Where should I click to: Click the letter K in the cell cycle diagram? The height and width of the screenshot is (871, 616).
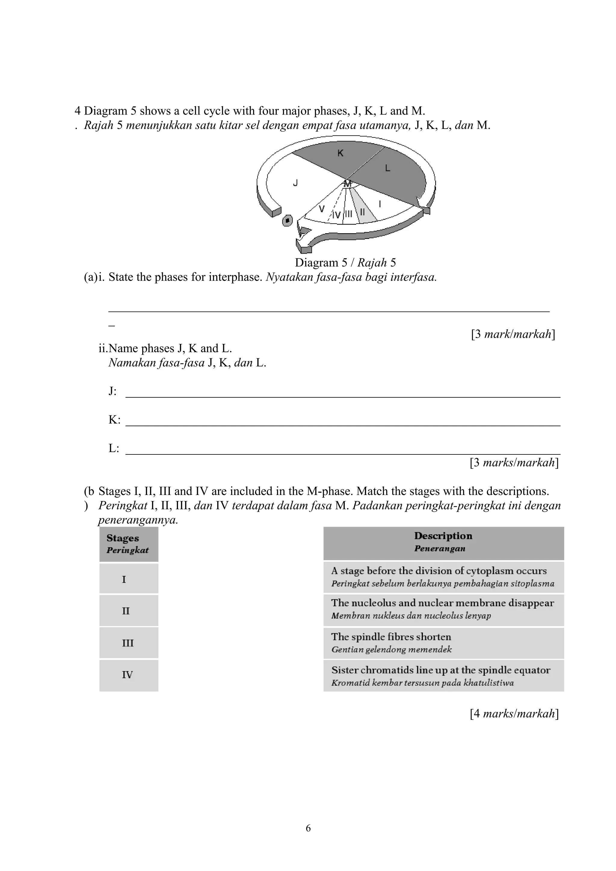[340, 153]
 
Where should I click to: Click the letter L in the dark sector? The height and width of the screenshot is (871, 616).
[387, 168]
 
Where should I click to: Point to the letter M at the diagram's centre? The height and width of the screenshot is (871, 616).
[347, 184]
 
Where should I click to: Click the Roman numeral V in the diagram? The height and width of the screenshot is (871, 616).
[322, 209]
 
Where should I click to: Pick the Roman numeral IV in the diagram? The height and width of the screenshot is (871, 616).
[336, 215]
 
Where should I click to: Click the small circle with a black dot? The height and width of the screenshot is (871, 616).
[288, 220]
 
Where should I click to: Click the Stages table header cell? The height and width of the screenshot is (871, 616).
[129, 544]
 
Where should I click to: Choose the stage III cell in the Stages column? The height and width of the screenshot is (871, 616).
[128, 643]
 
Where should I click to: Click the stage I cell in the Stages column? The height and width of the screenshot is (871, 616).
[128, 579]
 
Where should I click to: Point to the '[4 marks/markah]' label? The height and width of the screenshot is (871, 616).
[514, 714]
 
